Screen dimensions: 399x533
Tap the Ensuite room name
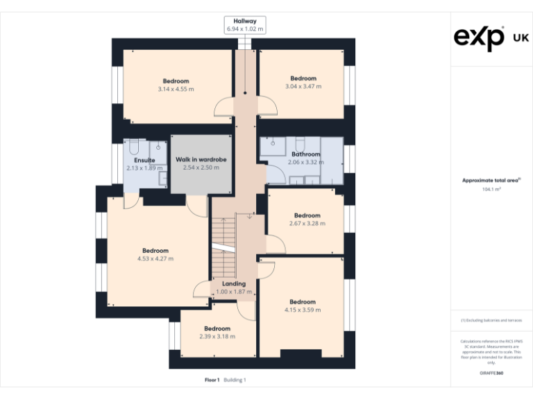(144, 160)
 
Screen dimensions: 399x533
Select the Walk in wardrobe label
(201, 159)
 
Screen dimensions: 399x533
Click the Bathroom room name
(305, 154)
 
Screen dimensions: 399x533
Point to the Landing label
(233, 284)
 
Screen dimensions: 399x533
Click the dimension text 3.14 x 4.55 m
(176, 89)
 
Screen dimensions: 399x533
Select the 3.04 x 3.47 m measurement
(303, 87)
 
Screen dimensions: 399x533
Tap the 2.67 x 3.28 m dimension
(307, 224)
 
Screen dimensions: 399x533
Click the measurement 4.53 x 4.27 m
(155, 259)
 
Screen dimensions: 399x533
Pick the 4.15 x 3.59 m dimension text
(303, 310)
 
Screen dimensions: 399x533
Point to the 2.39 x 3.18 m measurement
(217, 337)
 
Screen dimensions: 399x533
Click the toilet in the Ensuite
(135, 147)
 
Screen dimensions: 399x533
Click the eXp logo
(480, 37)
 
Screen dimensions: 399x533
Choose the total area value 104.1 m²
(491, 189)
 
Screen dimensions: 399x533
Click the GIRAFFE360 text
(491, 373)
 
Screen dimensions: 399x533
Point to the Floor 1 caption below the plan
(212, 380)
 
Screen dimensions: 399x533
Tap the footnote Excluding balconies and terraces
(491, 321)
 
